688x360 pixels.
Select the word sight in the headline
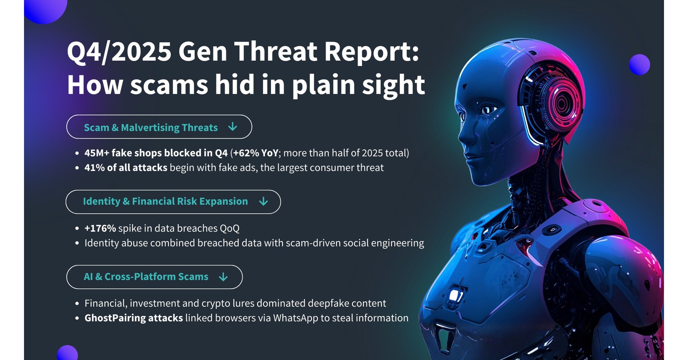click(x=393, y=85)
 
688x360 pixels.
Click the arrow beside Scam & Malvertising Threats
click(x=233, y=126)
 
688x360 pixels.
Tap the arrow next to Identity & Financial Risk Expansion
click(x=263, y=201)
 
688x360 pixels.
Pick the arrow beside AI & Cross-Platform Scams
click(x=223, y=277)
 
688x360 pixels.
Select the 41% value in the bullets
click(x=94, y=168)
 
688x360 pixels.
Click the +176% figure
click(x=100, y=228)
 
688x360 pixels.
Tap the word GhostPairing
click(x=115, y=318)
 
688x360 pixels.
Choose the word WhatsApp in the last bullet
click(x=296, y=318)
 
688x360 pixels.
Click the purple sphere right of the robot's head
click(x=639, y=64)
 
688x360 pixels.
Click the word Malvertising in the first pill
click(x=150, y=128)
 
